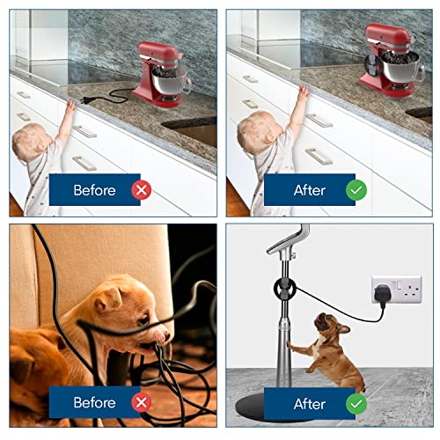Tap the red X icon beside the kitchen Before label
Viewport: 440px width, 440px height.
click(142, 190)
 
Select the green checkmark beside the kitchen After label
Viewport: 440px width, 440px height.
click(356, 190)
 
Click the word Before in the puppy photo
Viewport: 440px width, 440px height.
click(94, 402)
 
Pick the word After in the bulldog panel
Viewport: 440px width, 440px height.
click(310, 404)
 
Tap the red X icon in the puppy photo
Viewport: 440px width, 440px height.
click(142, 402)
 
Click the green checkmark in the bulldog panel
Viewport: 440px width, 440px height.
click(356, 404)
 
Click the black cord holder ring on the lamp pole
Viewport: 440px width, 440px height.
click(284, 289)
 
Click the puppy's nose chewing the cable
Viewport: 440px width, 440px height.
click(166, 334)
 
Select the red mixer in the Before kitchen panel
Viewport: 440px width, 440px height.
click(161, 75)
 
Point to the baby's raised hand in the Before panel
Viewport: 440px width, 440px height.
click(70, 106)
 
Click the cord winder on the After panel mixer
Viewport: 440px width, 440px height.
click(372, 64)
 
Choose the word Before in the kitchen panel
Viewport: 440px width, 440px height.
click(94, 190)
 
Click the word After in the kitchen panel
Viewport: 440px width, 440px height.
click(310, 190)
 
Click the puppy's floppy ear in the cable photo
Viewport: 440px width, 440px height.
click(108, 300)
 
